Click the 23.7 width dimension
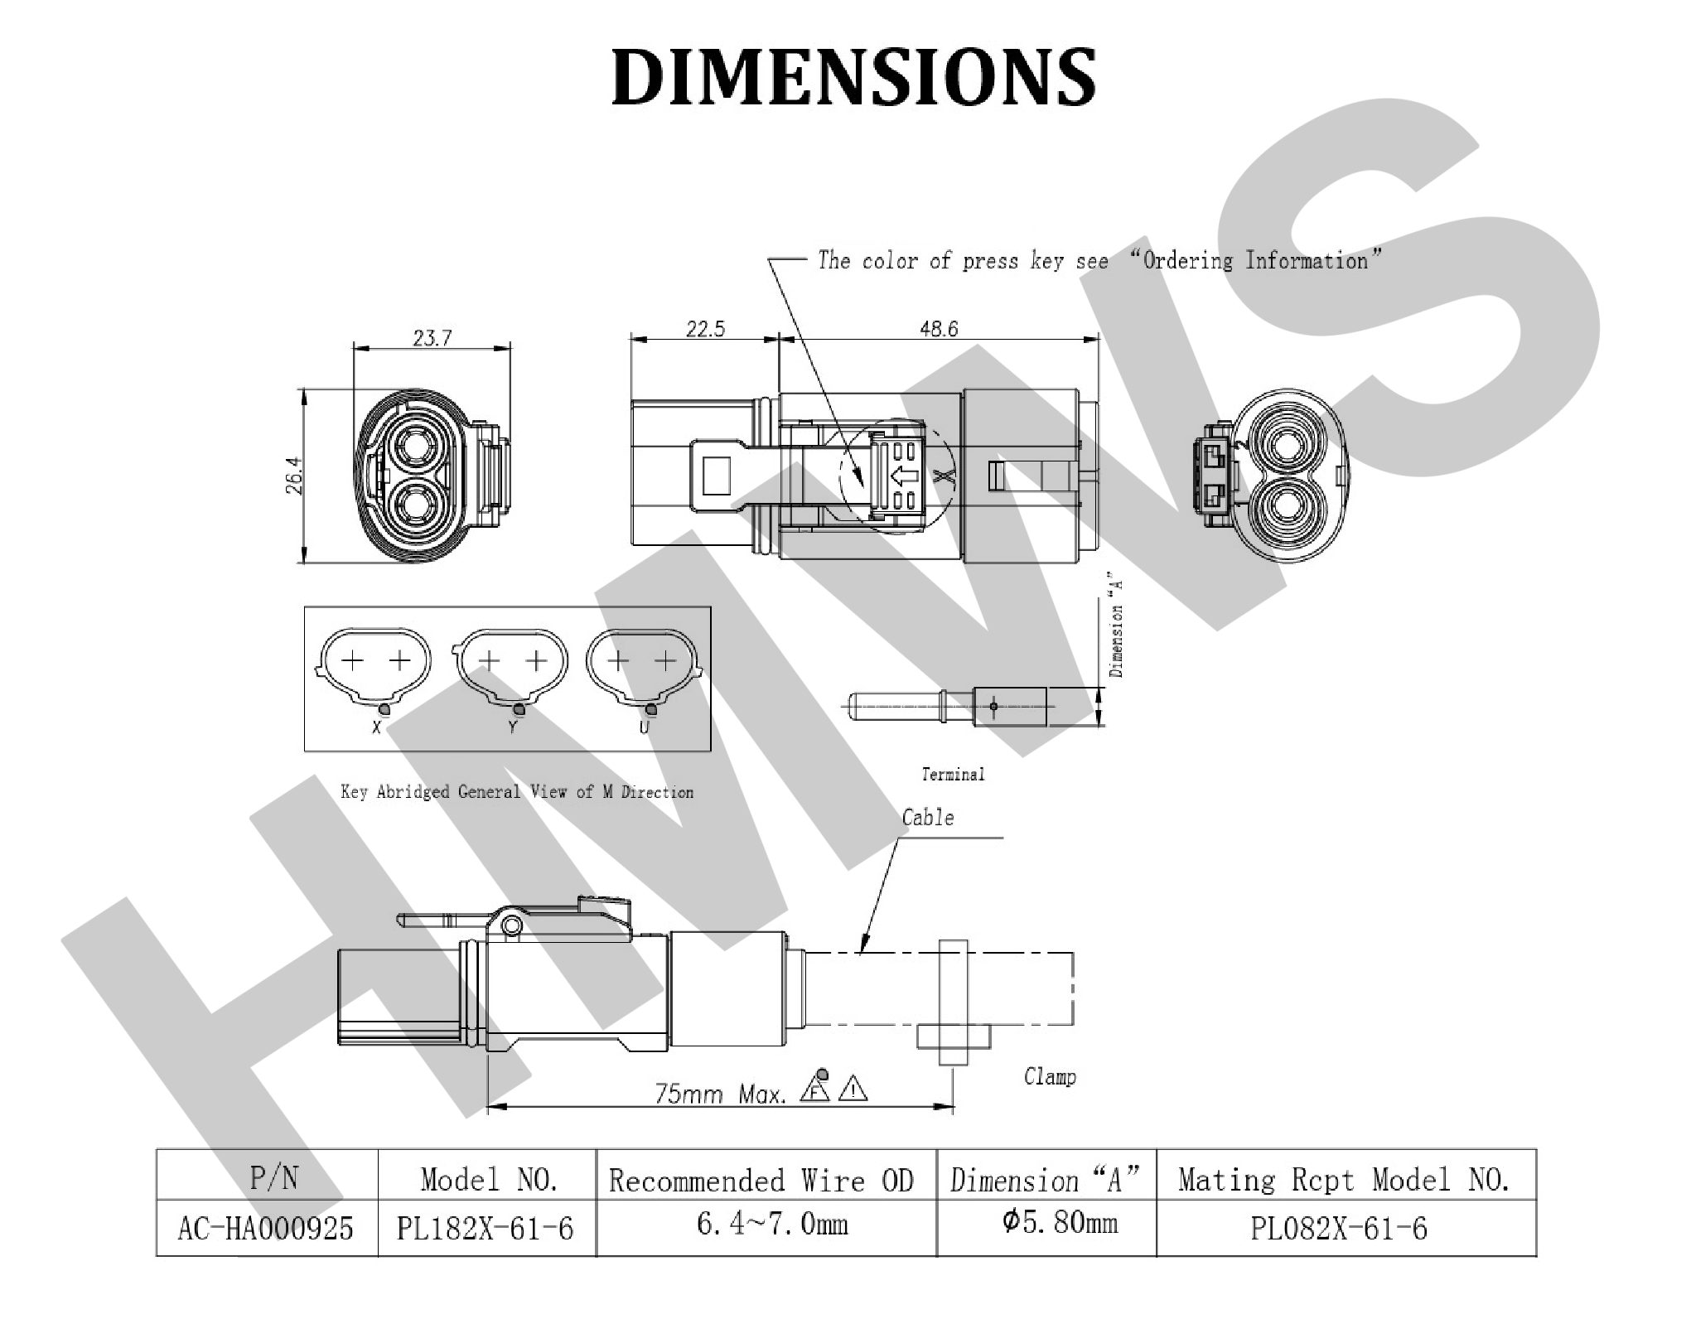pyautogui.click(x=432, y=338)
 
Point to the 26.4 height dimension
pyautogui.click(x=294, y=476)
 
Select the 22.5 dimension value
pyautogui.click(x=705, y=329)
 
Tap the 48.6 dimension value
pyautogui.click(x=939, y=329)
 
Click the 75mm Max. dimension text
pyautogui.click(x=720, y=1094)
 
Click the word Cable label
pyautogui.click(x=928, y=818)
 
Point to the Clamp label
pyautogui.click(x=1050, y=1076)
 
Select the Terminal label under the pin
pyautogui.click(x=953, y=774)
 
